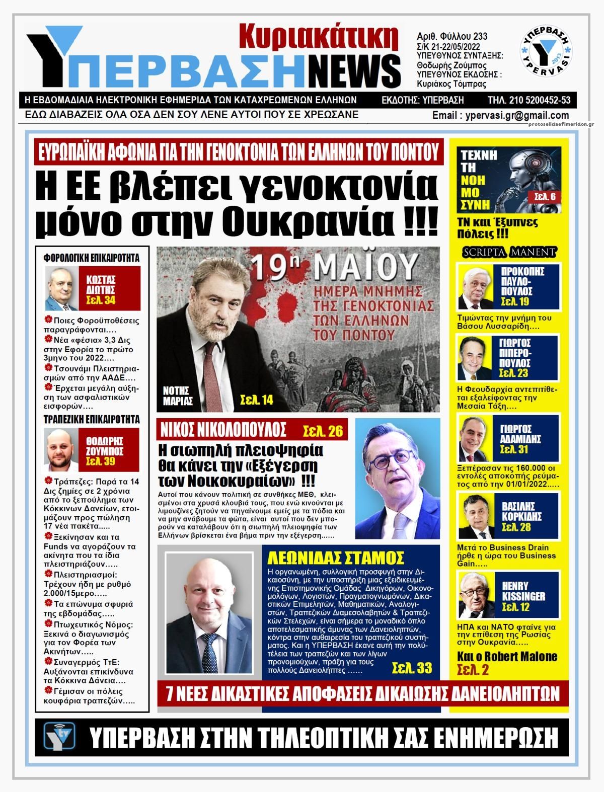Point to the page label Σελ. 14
click(x=256, y=400)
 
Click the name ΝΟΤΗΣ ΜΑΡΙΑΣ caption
click(x=178, y=396)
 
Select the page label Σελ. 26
click(x=322, y=431)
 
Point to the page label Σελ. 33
click(x=412, y=668)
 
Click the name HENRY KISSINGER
click(x=523, y=591)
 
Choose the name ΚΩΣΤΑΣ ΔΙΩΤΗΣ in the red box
click(x=101, y=285)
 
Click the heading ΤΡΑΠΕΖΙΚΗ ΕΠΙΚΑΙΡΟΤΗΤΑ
click(x=91, y=419)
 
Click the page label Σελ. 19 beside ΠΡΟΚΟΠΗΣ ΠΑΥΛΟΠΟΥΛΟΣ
click(x=515, y=302)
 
